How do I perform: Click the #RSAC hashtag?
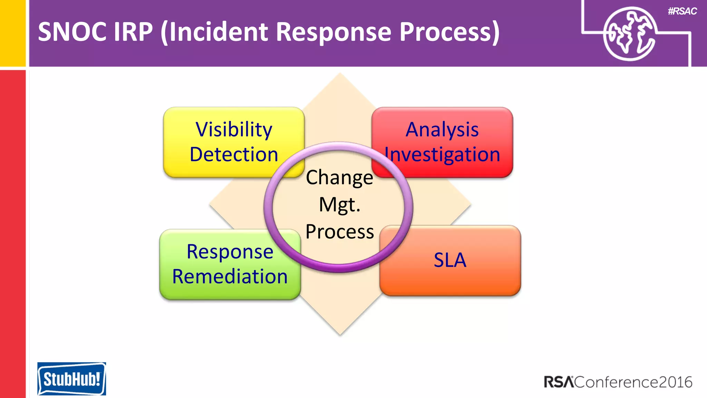(682, 11)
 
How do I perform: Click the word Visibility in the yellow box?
(234, 130)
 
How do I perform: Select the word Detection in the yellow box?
(234, 154)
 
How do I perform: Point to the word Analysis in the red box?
(442, 130)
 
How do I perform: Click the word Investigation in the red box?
(442, 154)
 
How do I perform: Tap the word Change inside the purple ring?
(339, 178)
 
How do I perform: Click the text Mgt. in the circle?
(339, 205)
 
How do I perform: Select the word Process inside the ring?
(339, 231)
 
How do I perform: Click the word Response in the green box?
(230, 252)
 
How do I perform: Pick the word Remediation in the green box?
(230, 277)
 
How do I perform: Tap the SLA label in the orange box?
(450, 260)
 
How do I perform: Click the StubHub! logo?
(71, 379)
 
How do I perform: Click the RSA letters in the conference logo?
(559, 382)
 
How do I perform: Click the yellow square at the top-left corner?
(13, 33)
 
